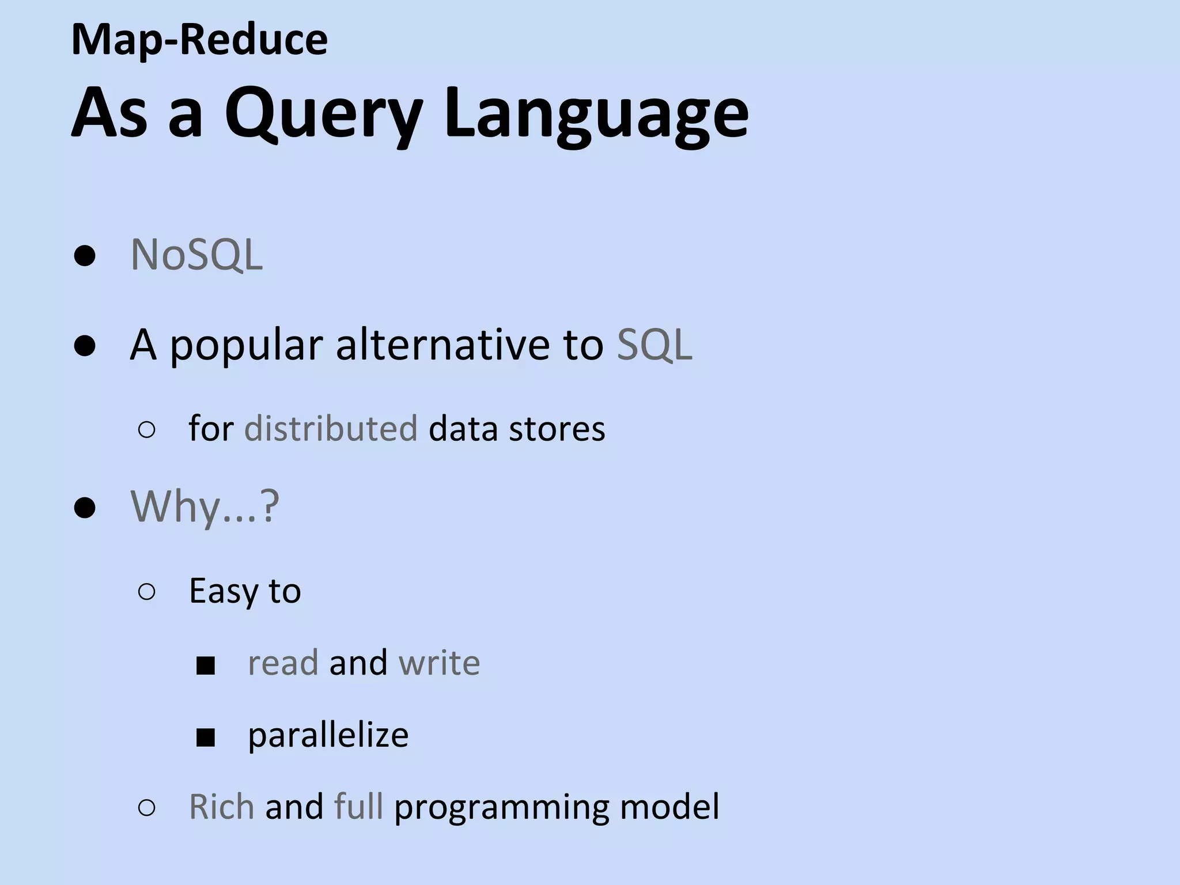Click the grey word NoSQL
196,254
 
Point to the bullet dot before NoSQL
85,255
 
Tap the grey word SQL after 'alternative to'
655,345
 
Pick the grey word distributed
331,429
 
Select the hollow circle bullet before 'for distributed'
147,430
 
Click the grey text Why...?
205,506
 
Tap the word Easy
224,591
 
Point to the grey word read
282,663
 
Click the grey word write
439,663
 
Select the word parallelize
328,735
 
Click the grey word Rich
221,806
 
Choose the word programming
501,807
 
